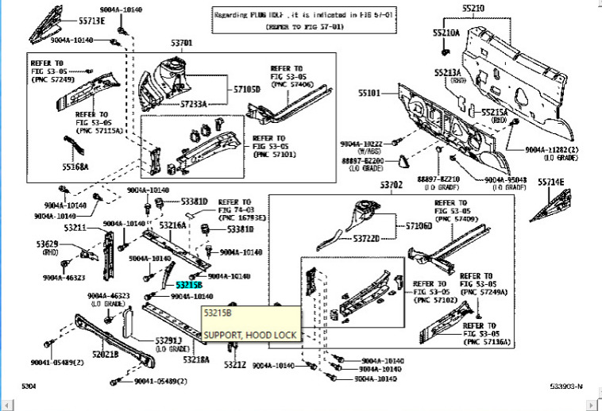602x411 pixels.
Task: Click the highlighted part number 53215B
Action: pos(189,284)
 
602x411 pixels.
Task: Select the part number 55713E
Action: pos(91,21)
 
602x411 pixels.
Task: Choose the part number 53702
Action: pos(391,185)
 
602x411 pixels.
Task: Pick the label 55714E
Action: pos(550,182)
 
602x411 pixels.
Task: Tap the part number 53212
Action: pos(235,365)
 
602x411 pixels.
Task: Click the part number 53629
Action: pos(46,244)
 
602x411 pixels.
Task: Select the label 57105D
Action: pos(246,90)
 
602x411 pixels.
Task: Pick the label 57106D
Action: pos(419,226)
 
